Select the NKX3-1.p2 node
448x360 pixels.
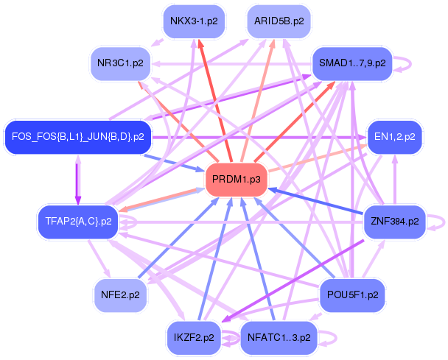coord(194,21)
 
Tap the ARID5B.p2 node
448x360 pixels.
coord(279,21)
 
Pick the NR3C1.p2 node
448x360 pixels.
coord(119,63)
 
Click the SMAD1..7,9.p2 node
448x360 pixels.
coord(350,63)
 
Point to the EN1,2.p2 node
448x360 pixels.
coord(395,136)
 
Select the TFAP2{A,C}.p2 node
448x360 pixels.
coord(77,220)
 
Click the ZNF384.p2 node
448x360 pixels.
coord(394,220)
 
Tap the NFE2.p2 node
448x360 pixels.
coord(119,294)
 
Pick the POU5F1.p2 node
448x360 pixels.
coord(352,294)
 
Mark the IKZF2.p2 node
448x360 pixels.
coord(194,338)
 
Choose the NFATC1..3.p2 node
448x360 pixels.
coord(279,338)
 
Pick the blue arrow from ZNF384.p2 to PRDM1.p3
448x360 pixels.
coord(317,201)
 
